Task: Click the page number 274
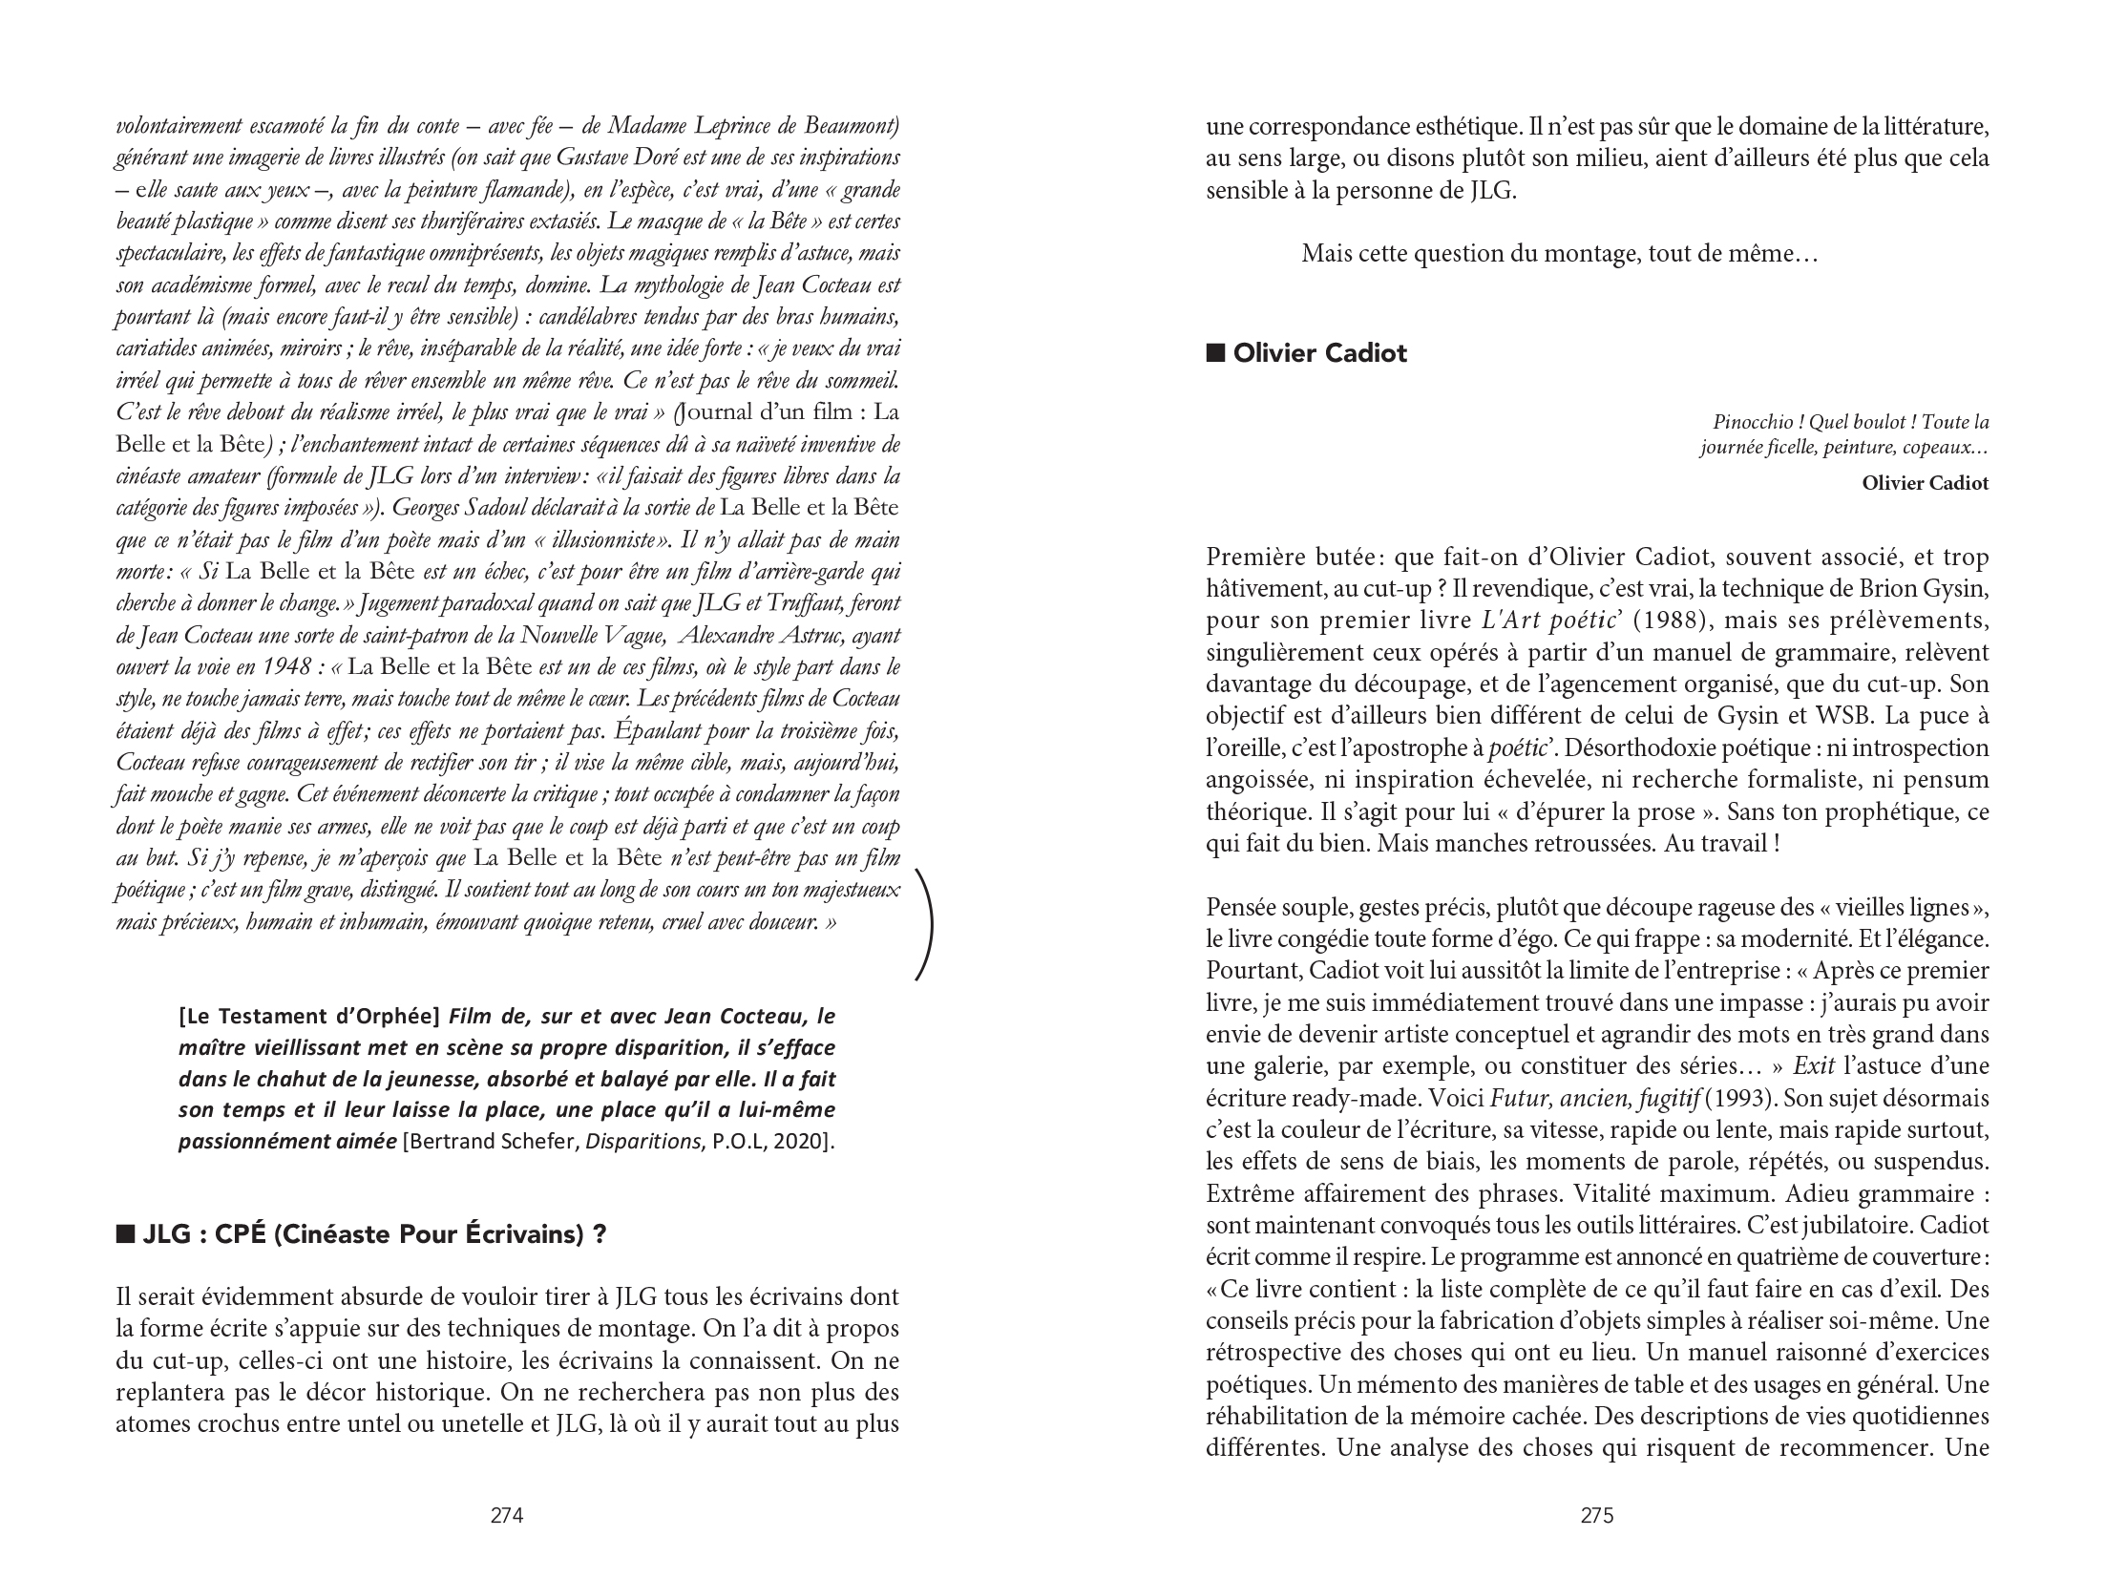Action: coord(506,1515)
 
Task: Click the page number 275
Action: coord(1597,1515)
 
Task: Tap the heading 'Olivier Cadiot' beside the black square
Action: coord(1320,354)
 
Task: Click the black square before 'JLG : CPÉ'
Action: coord(125,1235)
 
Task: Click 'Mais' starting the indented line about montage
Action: coord(1323,255)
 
